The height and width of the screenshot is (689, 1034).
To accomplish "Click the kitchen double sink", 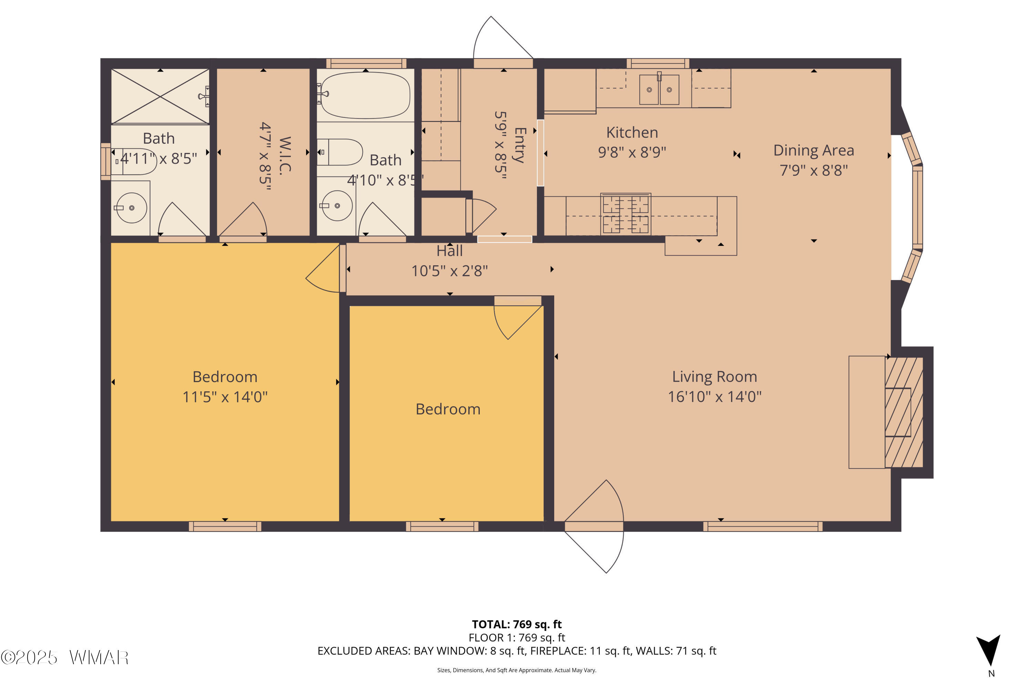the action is click(x=659, y=89).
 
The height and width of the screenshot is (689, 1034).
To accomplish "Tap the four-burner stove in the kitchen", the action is click(x=626, y=214).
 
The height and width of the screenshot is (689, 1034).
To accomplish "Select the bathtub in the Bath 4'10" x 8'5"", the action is click(x=365, y=95).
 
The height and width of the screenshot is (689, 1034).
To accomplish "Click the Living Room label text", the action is click(x=714, y=377).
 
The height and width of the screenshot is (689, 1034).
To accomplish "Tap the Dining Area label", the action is click(x=814, y=150).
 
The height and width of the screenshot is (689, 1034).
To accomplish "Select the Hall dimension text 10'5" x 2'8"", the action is click(x=449, y=271).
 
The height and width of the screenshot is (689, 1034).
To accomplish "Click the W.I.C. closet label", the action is click(x=285, y=156).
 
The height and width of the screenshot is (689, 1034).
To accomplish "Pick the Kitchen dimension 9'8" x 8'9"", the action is click(x=632, y=152).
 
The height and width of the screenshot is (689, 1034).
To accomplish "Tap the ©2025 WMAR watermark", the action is click(x=65, y=658).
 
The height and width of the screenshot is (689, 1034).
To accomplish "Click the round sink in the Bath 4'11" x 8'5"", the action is click(x=131, y=207).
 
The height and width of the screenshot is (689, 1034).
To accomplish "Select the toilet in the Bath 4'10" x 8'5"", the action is click(x=339, y=152).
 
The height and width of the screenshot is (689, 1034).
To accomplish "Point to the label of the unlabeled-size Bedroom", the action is click(x=448, y=409).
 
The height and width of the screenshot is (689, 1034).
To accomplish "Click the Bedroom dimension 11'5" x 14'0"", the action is click(x=225, y=397).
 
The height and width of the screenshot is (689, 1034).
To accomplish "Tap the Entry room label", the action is click(x=520, y=145).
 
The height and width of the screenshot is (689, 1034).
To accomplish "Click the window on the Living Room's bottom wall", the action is click(x=763, y=526).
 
